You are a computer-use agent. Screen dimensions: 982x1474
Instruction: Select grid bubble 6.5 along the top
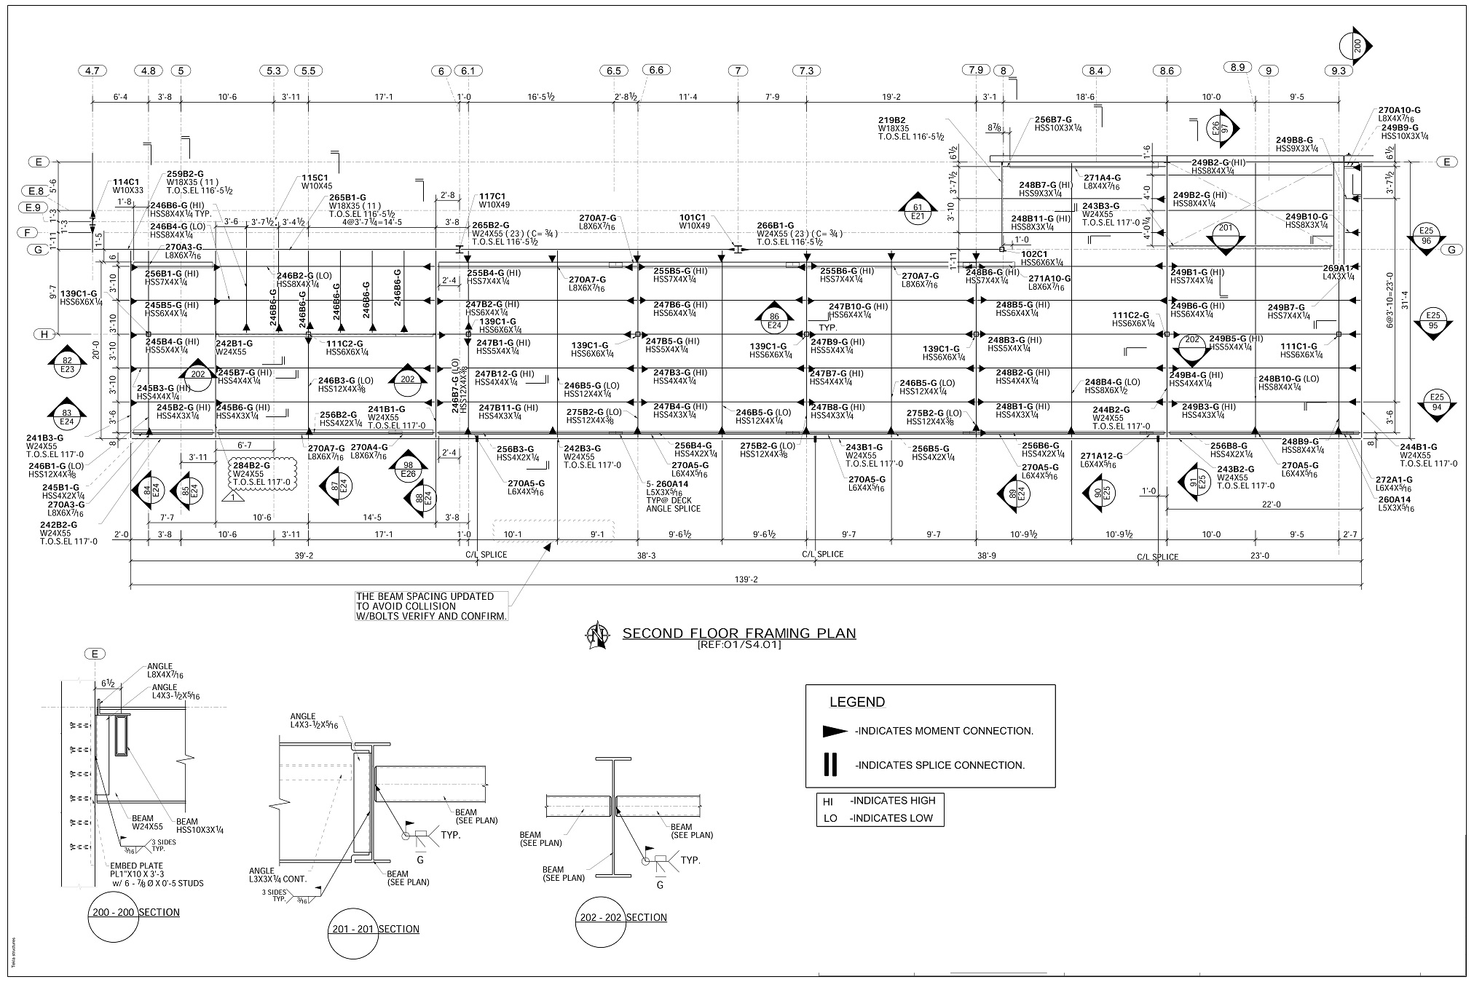614,71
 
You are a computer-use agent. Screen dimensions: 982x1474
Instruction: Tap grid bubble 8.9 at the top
1237,67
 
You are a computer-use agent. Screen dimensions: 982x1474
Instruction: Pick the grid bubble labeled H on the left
46,334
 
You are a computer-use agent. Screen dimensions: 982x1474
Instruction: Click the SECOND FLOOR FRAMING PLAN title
738,633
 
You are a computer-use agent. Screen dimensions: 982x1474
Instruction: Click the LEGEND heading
857,702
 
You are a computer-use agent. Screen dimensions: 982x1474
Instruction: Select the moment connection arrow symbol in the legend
835,731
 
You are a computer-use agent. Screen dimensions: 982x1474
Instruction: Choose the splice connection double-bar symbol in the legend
829,764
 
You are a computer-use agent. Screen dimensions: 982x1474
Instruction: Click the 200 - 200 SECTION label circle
112,912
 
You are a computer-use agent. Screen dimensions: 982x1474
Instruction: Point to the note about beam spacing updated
431,606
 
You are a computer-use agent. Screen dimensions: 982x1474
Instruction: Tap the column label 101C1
693,217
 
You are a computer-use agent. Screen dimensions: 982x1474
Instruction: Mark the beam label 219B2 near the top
891,120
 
